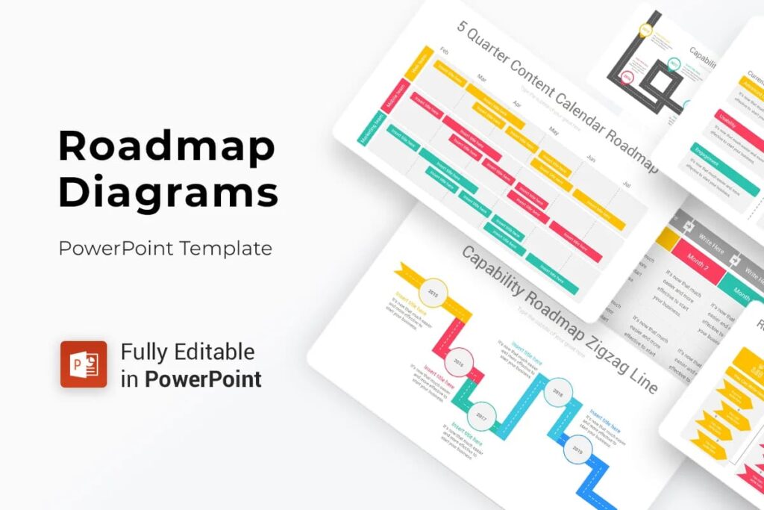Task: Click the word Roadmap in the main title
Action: pyautogui.click(x=166, y=148)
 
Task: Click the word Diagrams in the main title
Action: pyautogui.click(x=168, y=192)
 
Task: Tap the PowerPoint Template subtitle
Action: pyautogui.click(x=166, y=248)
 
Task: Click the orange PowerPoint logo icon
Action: pyautogui.click(x=84, y=364)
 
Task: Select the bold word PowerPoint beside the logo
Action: pyautogui.click(x=203, y=379)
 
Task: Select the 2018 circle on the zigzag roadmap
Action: pyautogui.click(x=557, y=393)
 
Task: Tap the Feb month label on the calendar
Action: pyautogui.click(x=445, y=52)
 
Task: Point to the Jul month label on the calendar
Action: pyautogui.click(x=626, y=184)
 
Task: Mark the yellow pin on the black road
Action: pyautogui.click(x=645, y=31)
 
